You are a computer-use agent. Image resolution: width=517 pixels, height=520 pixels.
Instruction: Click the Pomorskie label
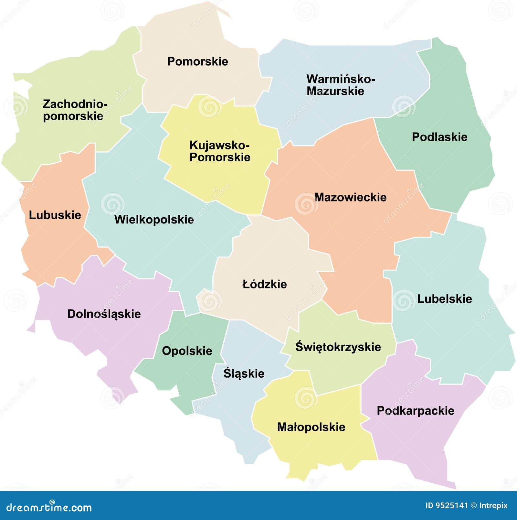point(197,61)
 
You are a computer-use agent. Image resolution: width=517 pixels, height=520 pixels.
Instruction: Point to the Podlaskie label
point(439,137)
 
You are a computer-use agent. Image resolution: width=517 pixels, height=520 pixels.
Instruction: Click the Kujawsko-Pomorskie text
point(220,151)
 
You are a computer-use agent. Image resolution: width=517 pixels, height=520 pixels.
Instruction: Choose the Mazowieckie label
point(350,197)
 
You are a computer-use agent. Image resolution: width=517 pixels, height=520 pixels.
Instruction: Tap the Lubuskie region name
point(55,215)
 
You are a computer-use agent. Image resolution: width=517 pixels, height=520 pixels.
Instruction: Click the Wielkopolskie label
point(154,220)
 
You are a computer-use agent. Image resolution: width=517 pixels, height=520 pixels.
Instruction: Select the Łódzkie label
point(264,284)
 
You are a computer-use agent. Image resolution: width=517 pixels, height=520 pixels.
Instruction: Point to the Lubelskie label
point(444,299)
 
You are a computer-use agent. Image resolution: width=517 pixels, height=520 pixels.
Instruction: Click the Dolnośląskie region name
point(104,314)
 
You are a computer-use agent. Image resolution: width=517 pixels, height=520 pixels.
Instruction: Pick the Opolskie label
point(187,351)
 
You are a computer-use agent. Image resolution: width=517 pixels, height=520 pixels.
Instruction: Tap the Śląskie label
point(244,374)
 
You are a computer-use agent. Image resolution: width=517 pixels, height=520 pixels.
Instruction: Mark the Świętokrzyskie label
point(338,347)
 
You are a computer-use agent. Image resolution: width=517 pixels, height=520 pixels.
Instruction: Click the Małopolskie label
point(311,427)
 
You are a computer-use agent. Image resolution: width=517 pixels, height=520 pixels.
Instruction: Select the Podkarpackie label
point(415,411)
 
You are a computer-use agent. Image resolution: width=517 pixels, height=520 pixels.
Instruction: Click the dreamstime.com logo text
point(49,507)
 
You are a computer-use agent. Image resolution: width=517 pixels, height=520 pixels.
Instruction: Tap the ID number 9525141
point(451,505)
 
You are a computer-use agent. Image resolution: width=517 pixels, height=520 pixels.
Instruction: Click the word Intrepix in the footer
point(493,505)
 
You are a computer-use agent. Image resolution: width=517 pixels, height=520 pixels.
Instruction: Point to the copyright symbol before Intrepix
point(473,505)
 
